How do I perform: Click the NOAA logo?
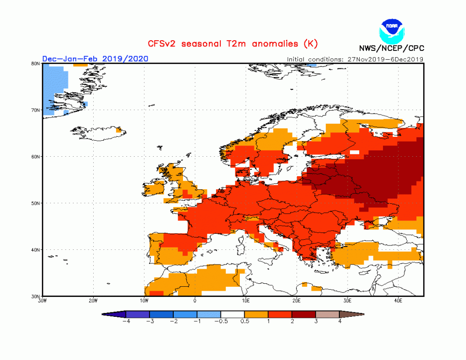[391, 30]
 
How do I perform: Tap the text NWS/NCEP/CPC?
[391, 49]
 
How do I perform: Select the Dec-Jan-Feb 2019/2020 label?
[95, 59]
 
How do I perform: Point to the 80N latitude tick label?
[35, 64]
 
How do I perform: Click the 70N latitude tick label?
[35, 110]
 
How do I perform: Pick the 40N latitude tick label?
[35, 250]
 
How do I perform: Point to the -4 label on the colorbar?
[126, 322]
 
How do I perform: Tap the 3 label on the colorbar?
[316, 322]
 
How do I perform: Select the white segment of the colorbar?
[233, 314]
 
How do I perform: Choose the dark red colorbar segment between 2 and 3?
[304, 314]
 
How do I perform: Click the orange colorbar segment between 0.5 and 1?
[257, 314]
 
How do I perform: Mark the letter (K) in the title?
[311, 44]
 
